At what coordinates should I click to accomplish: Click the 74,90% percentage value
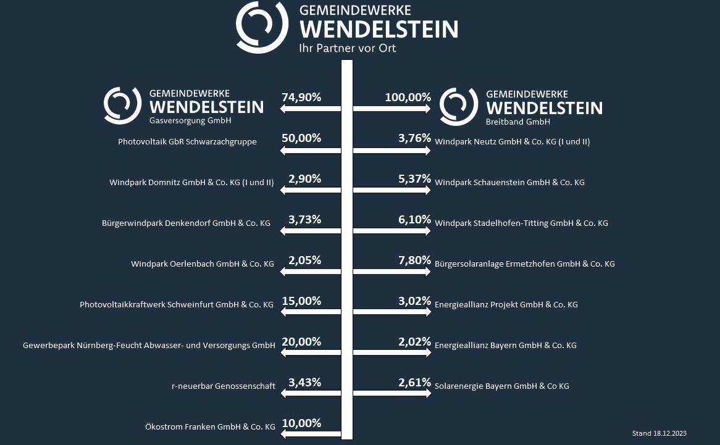[x=301, y=98]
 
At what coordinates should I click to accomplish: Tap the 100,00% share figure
[x=408, y=98]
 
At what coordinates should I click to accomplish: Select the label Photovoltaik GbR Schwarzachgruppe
[x=187, y=142]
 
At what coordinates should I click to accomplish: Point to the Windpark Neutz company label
[x=512, y=142]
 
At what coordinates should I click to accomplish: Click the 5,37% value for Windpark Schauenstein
[x=414, y=179]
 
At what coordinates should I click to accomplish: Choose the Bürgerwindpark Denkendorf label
[x=186, y=223]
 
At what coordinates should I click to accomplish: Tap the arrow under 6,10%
[x=391, y=231]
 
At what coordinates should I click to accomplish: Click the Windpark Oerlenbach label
[x=202, y=264]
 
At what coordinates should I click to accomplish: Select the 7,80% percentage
[x=414, y=260]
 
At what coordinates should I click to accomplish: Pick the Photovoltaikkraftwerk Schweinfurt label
[x=177, y=305]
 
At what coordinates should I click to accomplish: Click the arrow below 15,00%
[x=311, y=312]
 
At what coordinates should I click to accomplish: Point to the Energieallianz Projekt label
[x=506, y=305]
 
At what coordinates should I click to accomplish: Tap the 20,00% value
[x=301, y=342]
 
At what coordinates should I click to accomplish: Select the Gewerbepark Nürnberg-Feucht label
[x=149, y=346]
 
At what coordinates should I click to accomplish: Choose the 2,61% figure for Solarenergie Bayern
[x=414, y=383]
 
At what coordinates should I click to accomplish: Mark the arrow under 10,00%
[x=311, y=435]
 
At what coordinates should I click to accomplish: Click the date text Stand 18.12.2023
[x=659, y=433]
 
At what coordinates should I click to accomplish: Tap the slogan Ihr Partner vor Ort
[x=347, y=48]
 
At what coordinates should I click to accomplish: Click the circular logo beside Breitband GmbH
[x=459, y=106]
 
